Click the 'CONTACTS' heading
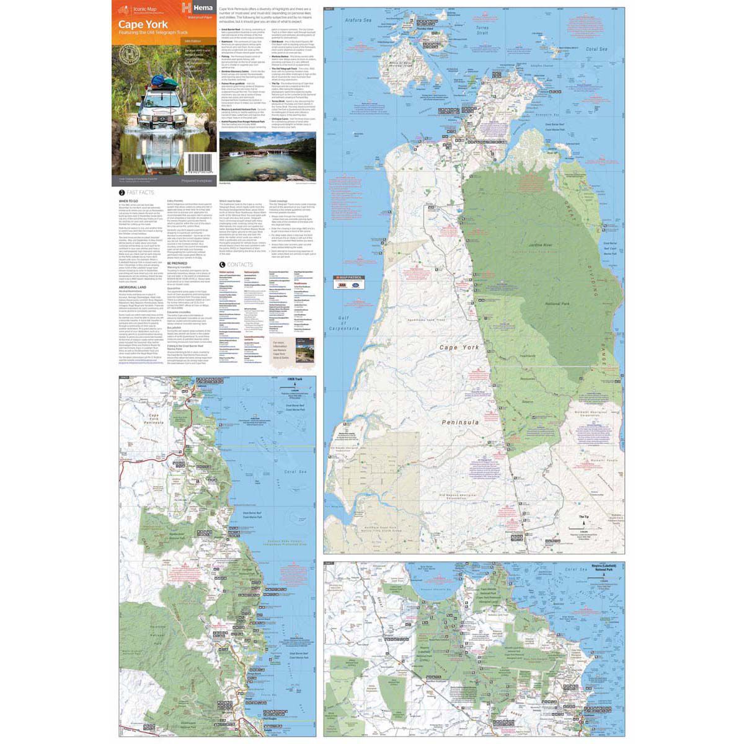239,264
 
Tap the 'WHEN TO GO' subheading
129,201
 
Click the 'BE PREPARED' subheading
178,263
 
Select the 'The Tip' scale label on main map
583,516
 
